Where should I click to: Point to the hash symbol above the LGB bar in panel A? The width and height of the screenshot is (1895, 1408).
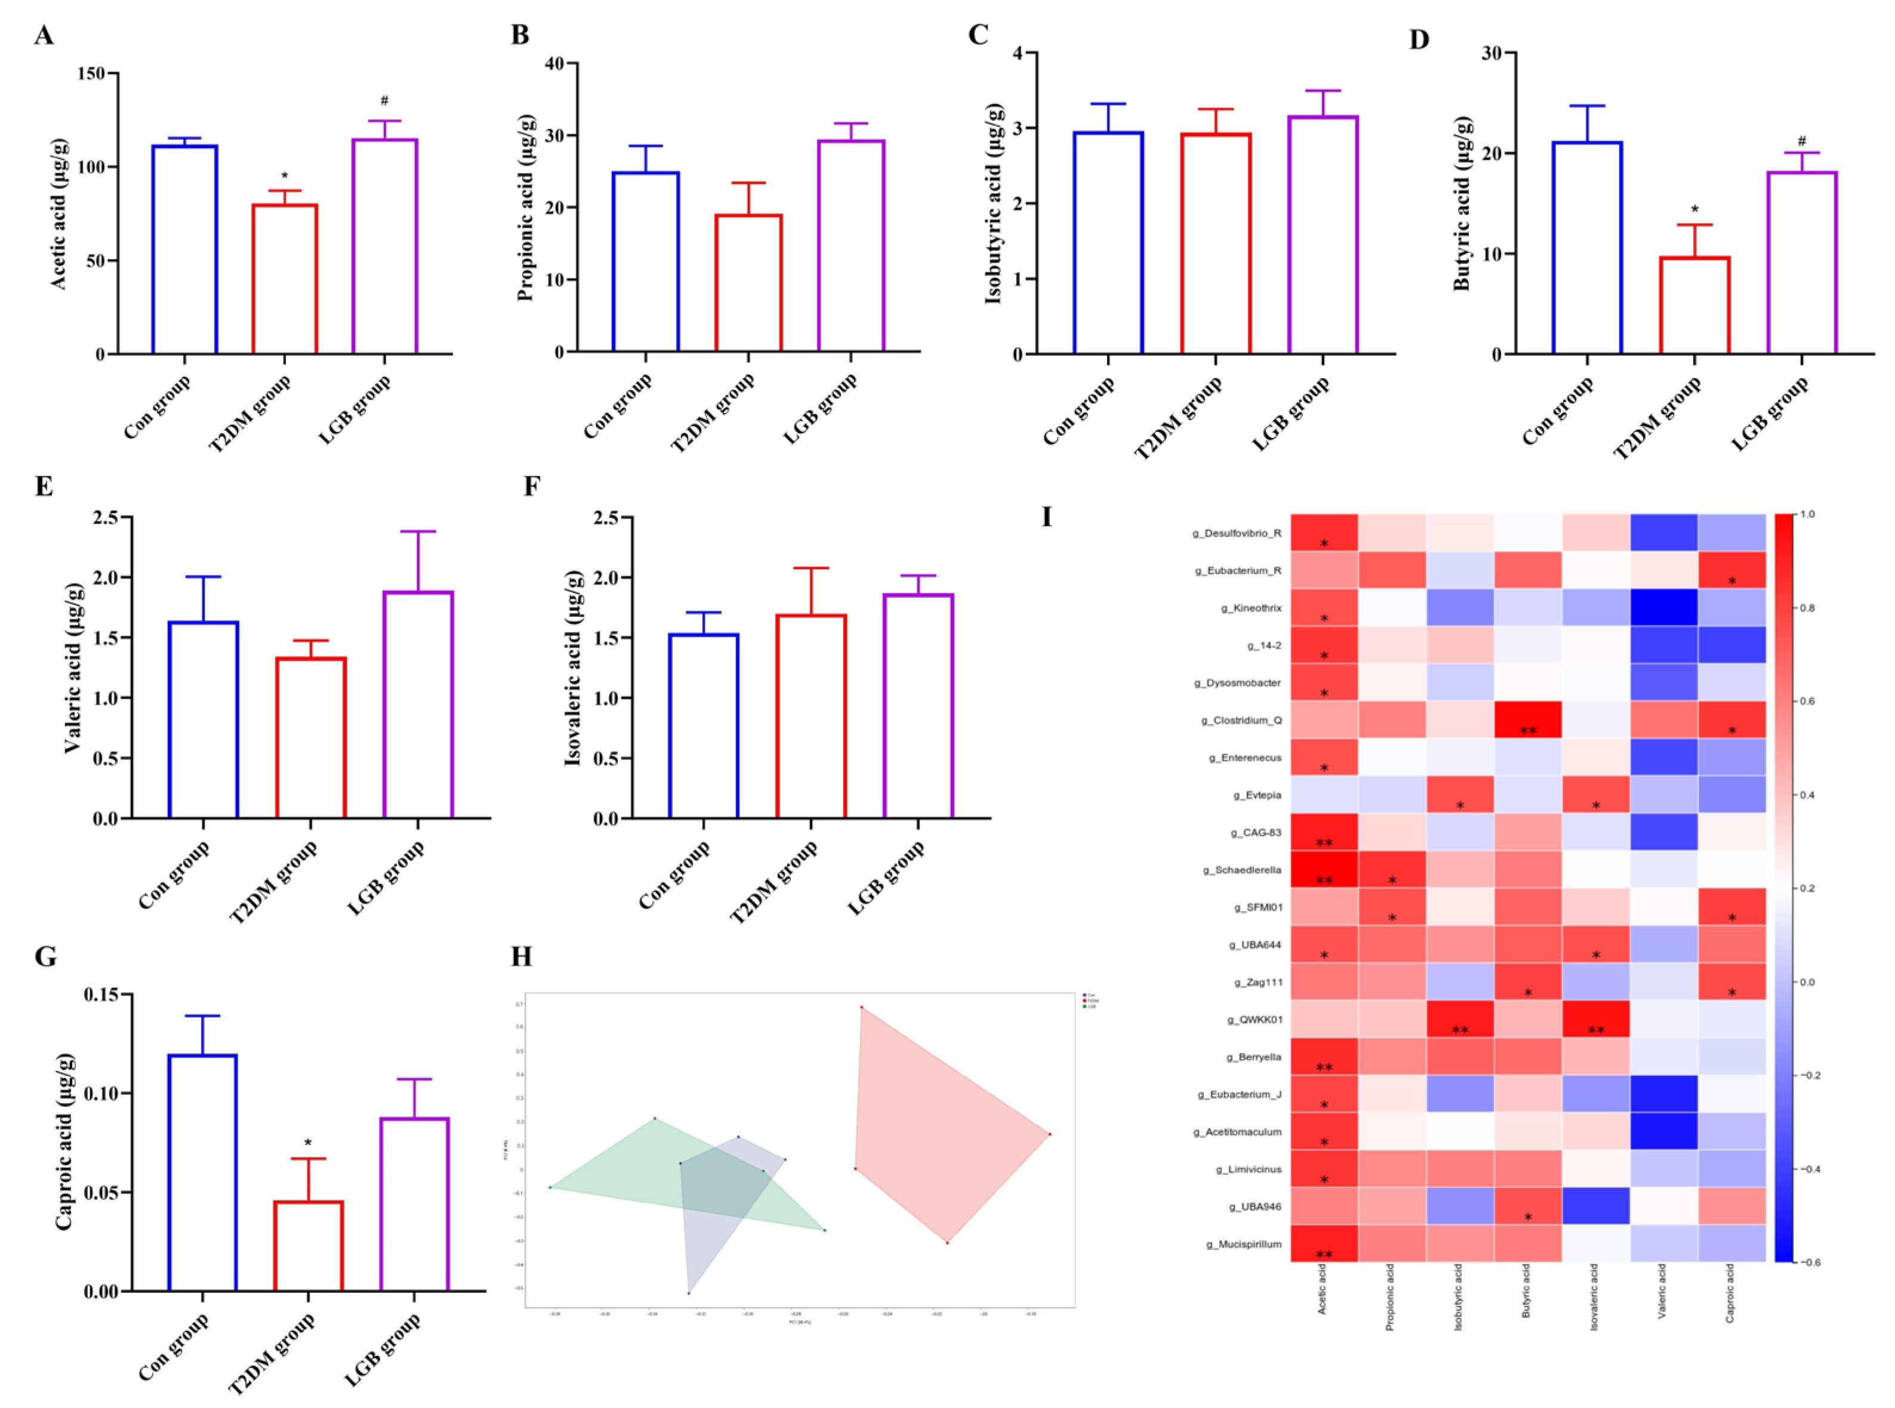[384, 101]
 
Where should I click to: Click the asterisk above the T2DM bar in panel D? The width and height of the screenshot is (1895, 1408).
[1694, 209]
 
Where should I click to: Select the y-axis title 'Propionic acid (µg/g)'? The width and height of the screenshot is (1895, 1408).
[526, 207]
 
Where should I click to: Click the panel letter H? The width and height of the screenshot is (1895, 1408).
[521, 957]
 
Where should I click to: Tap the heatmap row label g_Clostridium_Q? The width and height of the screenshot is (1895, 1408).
[1241, 720]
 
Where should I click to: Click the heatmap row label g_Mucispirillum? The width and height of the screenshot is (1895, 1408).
[1243, 1245]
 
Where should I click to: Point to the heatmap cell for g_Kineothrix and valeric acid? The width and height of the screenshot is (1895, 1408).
[1663, 608]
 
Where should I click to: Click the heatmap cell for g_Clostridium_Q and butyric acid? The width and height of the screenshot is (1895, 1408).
[1527, 720]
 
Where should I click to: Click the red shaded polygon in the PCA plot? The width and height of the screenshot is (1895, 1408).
[946, 1125]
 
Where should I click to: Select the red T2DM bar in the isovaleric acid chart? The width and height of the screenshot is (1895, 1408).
[811, 716]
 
